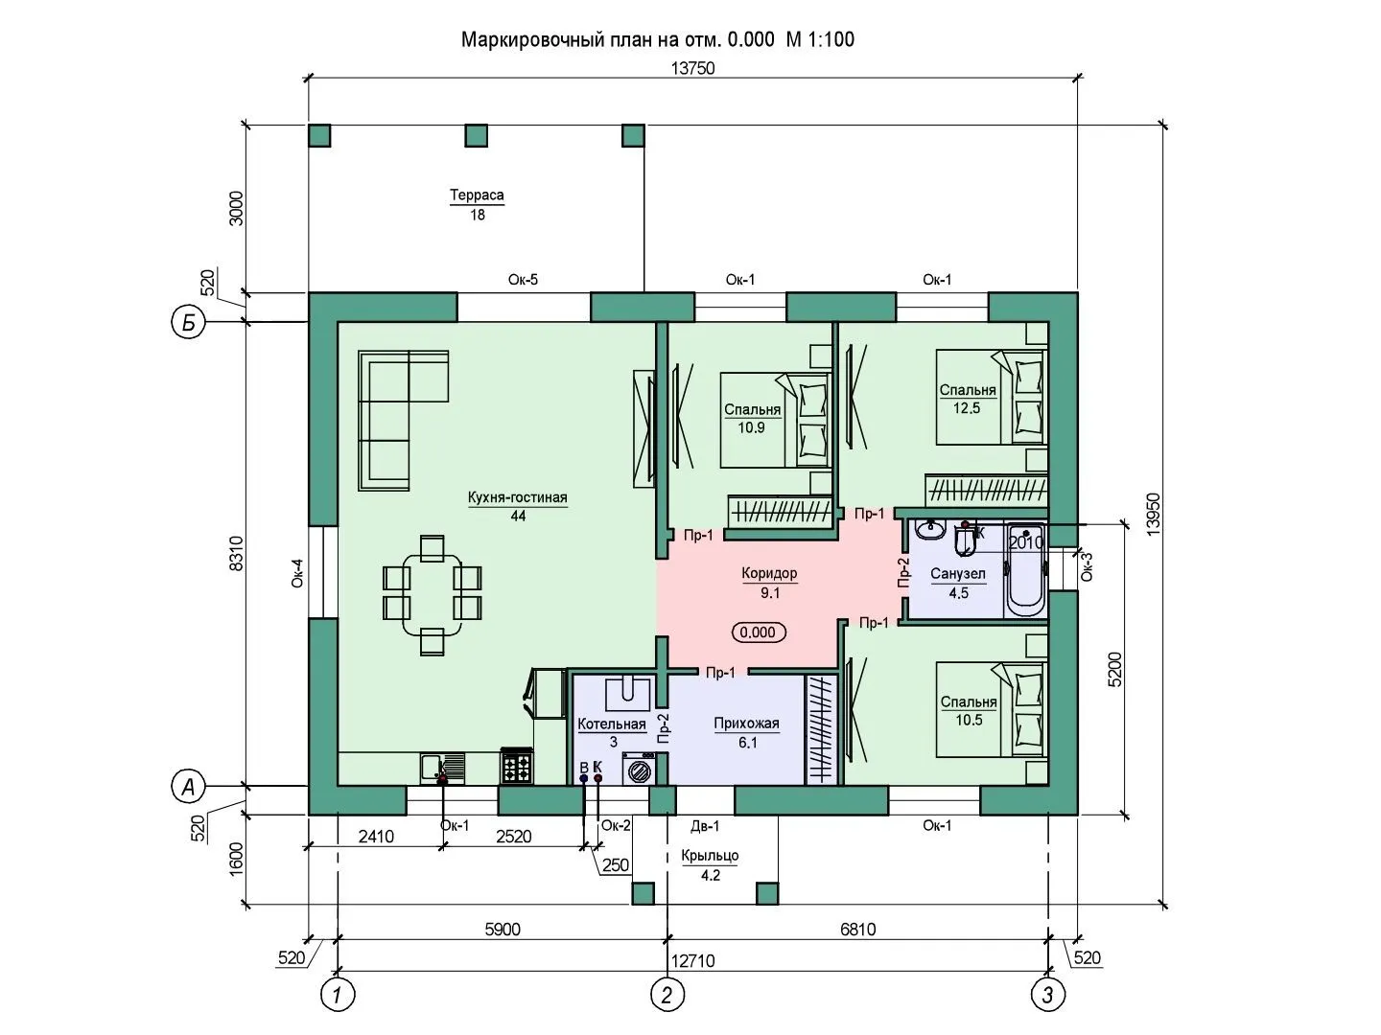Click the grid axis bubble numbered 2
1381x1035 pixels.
pos(667,995)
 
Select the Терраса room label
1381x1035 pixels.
pos(477,195)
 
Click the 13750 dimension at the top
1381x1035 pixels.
pos(692,68)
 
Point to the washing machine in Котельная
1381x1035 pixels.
pos(640,770)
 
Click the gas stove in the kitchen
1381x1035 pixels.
pos(517,766)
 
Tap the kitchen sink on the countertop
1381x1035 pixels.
pos(443,769)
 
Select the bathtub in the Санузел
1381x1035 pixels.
pos(1025,569)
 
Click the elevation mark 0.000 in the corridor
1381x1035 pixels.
pos(759,632)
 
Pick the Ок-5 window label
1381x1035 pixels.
pos(523,280)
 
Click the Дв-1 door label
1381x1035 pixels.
pos(705,826)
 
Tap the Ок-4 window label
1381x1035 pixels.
pos(297,573)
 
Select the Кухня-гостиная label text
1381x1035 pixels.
pos(517,497)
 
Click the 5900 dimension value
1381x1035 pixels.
pos(503,930)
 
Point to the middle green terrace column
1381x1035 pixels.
pos(476,136)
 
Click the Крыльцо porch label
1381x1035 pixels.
pos(710,856)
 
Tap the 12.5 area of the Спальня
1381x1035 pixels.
pos(967,408)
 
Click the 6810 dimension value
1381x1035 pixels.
pos(857,930)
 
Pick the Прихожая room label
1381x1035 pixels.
pos(746,724)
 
